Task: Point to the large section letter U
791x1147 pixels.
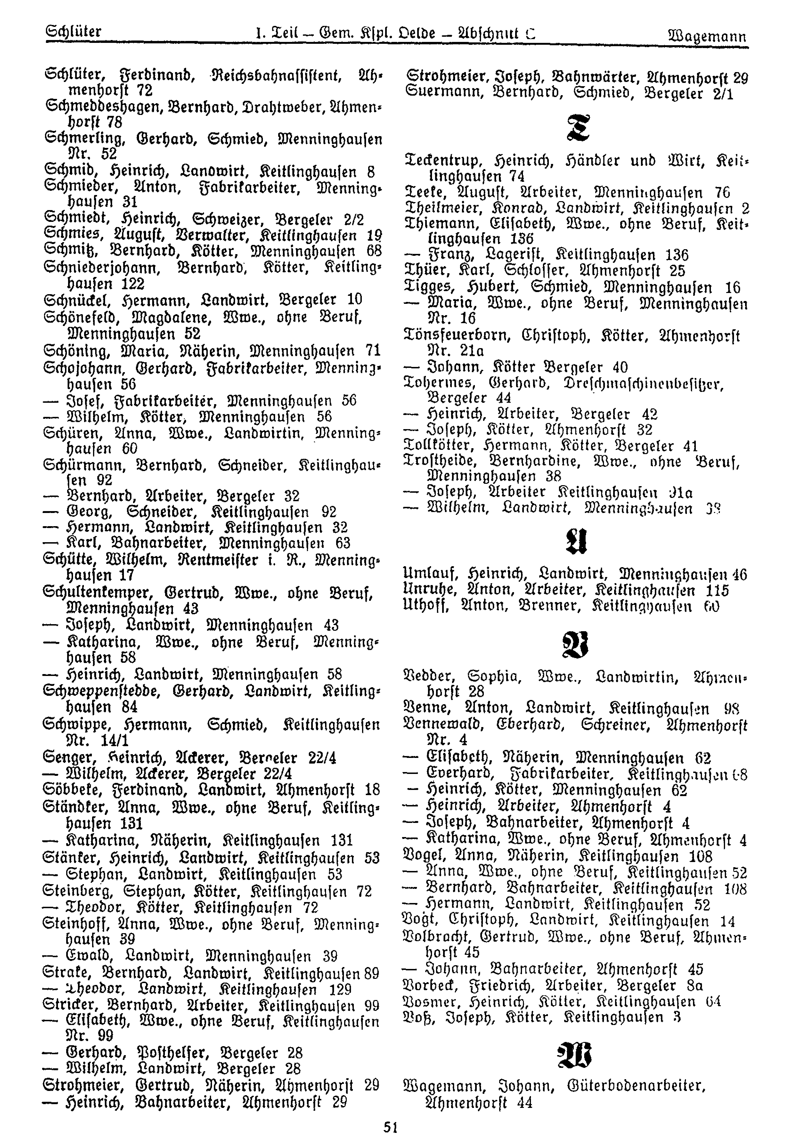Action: pos(575,542)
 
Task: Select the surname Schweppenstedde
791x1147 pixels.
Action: pos(109,691)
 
